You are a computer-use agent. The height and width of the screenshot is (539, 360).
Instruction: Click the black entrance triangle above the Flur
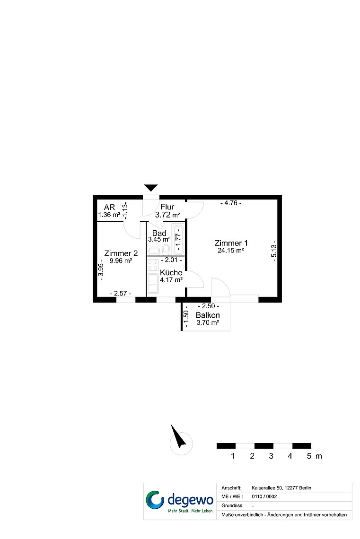coord(151,188)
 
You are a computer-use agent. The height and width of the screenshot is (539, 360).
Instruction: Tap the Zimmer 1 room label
coord(231,243)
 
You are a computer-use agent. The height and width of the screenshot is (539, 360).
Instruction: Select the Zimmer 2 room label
coord(121,253)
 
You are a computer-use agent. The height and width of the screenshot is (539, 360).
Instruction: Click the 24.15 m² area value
coord(231,251)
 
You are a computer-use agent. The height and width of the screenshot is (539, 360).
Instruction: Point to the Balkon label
coord(208,315)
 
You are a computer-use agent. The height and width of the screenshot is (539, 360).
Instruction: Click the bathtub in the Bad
coord(178,239)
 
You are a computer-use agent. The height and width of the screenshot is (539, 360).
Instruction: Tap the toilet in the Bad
coord(166,249)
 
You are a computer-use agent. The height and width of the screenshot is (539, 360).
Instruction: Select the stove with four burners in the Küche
coord(153,265)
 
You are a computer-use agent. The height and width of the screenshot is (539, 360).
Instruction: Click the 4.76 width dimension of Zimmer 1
coord(231,203)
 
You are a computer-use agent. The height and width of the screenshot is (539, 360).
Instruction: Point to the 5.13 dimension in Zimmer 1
coord(274,251)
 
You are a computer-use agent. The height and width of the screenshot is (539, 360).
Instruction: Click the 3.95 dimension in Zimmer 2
coord(100,270)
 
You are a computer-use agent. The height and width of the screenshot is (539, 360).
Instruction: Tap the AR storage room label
coord(109,207)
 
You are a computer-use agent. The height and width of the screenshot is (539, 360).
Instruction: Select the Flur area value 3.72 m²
coord(167,215)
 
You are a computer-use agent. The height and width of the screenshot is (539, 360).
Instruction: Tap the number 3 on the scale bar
coord(271,456)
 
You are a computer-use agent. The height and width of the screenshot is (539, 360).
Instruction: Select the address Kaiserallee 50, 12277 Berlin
coord(281,488)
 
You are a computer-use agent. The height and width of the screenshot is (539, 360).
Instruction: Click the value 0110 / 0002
coord(264,496)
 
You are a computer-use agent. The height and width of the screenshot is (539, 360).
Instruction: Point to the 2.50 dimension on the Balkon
coord(208,306)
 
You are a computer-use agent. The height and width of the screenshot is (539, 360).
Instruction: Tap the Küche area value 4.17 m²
coord(171,280)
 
